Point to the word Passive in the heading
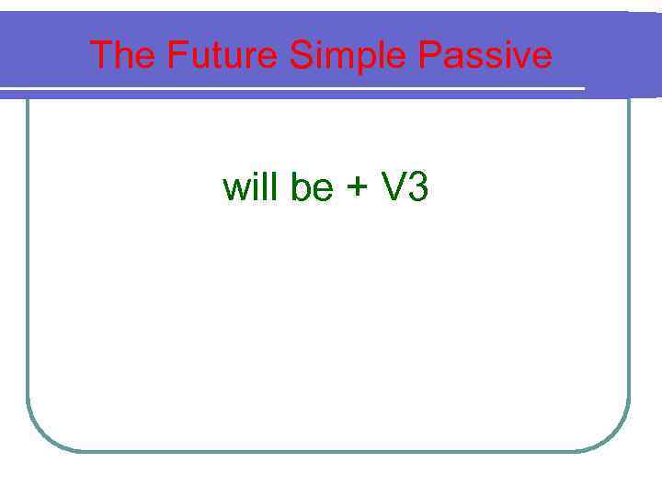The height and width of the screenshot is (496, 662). [x=485, y=56]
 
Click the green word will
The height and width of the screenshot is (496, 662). [x=252, y=187]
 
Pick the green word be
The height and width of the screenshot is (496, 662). [x=312, y=187]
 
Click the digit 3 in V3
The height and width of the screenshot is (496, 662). [x=417, y=187]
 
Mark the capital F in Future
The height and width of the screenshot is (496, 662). [x=177, y=56]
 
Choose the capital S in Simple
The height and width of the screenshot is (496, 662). [x=301, y=56]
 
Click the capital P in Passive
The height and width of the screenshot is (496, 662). [x=430, y=56]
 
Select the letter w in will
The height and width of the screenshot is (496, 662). [x=234, y=189]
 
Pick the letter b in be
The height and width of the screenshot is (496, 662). [x=300, y=187]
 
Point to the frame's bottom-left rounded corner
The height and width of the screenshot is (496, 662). [x=40, y=435]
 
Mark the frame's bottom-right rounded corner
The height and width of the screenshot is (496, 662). [x=615, y=435]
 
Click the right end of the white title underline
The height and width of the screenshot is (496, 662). [x=582, y=89]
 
